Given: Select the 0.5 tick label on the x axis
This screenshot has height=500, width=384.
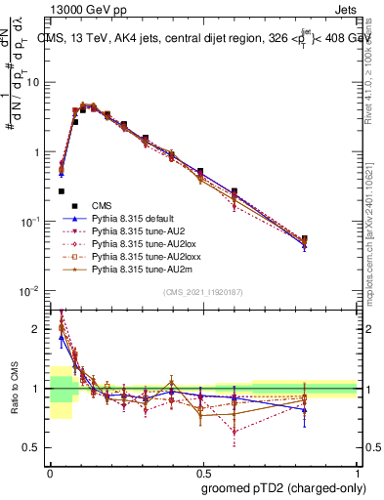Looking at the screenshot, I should click(202, 470).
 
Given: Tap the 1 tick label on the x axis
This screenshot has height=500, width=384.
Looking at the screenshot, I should click(356, 470).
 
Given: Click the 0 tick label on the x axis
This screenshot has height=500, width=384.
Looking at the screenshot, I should click(50, 470).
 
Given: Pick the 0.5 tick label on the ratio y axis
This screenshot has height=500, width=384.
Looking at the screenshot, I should click(33, 448).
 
